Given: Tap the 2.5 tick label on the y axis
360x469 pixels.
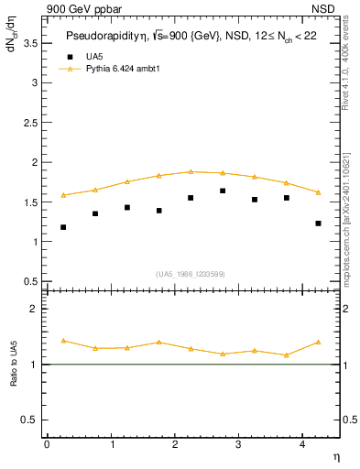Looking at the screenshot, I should point(30,122).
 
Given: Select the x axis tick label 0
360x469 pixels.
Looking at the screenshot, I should point(47,444).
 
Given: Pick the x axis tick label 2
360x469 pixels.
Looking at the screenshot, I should point(176,444).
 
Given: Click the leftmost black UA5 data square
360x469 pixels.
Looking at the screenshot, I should point(63,227).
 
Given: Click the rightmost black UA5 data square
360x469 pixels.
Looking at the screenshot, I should point(318,224).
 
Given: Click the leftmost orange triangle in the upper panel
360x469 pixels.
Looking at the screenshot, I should point(63,195).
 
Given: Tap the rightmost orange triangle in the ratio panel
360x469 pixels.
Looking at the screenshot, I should point(318,342).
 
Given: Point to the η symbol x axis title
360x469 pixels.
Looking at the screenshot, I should point(335,455).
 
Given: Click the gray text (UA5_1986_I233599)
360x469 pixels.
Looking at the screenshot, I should point(191,274).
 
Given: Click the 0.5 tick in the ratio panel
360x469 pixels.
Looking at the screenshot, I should point(30,420).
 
